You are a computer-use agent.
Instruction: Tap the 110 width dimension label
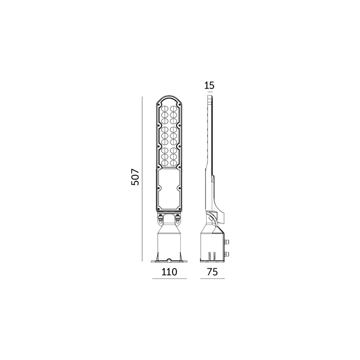click(x=169, y=272)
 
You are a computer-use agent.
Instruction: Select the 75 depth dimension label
click(x=212, y=272)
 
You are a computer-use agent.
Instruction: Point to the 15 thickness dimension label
click(x=209, y=86)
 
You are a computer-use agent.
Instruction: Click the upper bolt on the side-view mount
click(x=226, y=241)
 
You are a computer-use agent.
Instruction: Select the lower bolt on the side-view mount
click(x=226, y=254)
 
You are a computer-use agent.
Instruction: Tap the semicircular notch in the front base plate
click(x=169, y=260)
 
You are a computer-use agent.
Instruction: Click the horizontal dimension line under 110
click(x=169, y=279)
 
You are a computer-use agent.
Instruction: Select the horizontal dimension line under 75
click(x=212, y=279)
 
